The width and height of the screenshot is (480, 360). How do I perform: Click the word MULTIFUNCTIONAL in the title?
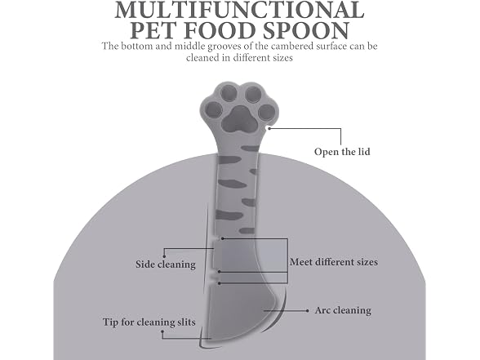(239, 10)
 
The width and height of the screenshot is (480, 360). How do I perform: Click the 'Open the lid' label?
(342, 152)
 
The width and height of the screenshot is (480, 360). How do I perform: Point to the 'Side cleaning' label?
(166, 264)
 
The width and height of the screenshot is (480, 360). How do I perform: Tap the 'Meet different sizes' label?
(334, 262)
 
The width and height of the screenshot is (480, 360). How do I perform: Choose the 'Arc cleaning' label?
(343, 310)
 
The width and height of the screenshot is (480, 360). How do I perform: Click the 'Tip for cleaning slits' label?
(149, 322)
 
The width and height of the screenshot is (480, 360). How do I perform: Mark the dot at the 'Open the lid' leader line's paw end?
(269, 129)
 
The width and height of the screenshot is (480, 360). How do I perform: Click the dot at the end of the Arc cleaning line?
(307, 311)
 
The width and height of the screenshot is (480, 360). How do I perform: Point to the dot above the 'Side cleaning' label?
(164, 256)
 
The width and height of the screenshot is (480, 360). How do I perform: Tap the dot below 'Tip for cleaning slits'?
(162, 331)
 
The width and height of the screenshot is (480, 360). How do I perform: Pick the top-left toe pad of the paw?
(229, 93)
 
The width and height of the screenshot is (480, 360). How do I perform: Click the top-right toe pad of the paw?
(252, 94)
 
